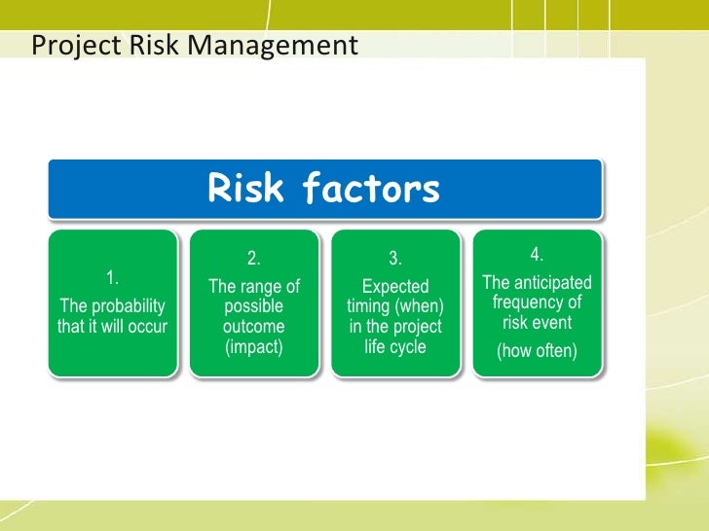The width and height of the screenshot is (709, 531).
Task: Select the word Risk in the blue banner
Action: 245,189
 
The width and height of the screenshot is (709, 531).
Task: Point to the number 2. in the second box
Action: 254,259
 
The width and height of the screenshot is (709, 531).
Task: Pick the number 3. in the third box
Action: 395,259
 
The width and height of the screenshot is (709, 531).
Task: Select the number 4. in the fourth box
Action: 537,255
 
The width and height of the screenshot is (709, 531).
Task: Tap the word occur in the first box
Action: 147,327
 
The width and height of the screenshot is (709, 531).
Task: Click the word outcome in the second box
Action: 254,327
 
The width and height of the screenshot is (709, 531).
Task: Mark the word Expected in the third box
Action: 395,286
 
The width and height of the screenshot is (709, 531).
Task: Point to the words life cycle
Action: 395,347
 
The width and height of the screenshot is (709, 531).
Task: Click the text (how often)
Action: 537,351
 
